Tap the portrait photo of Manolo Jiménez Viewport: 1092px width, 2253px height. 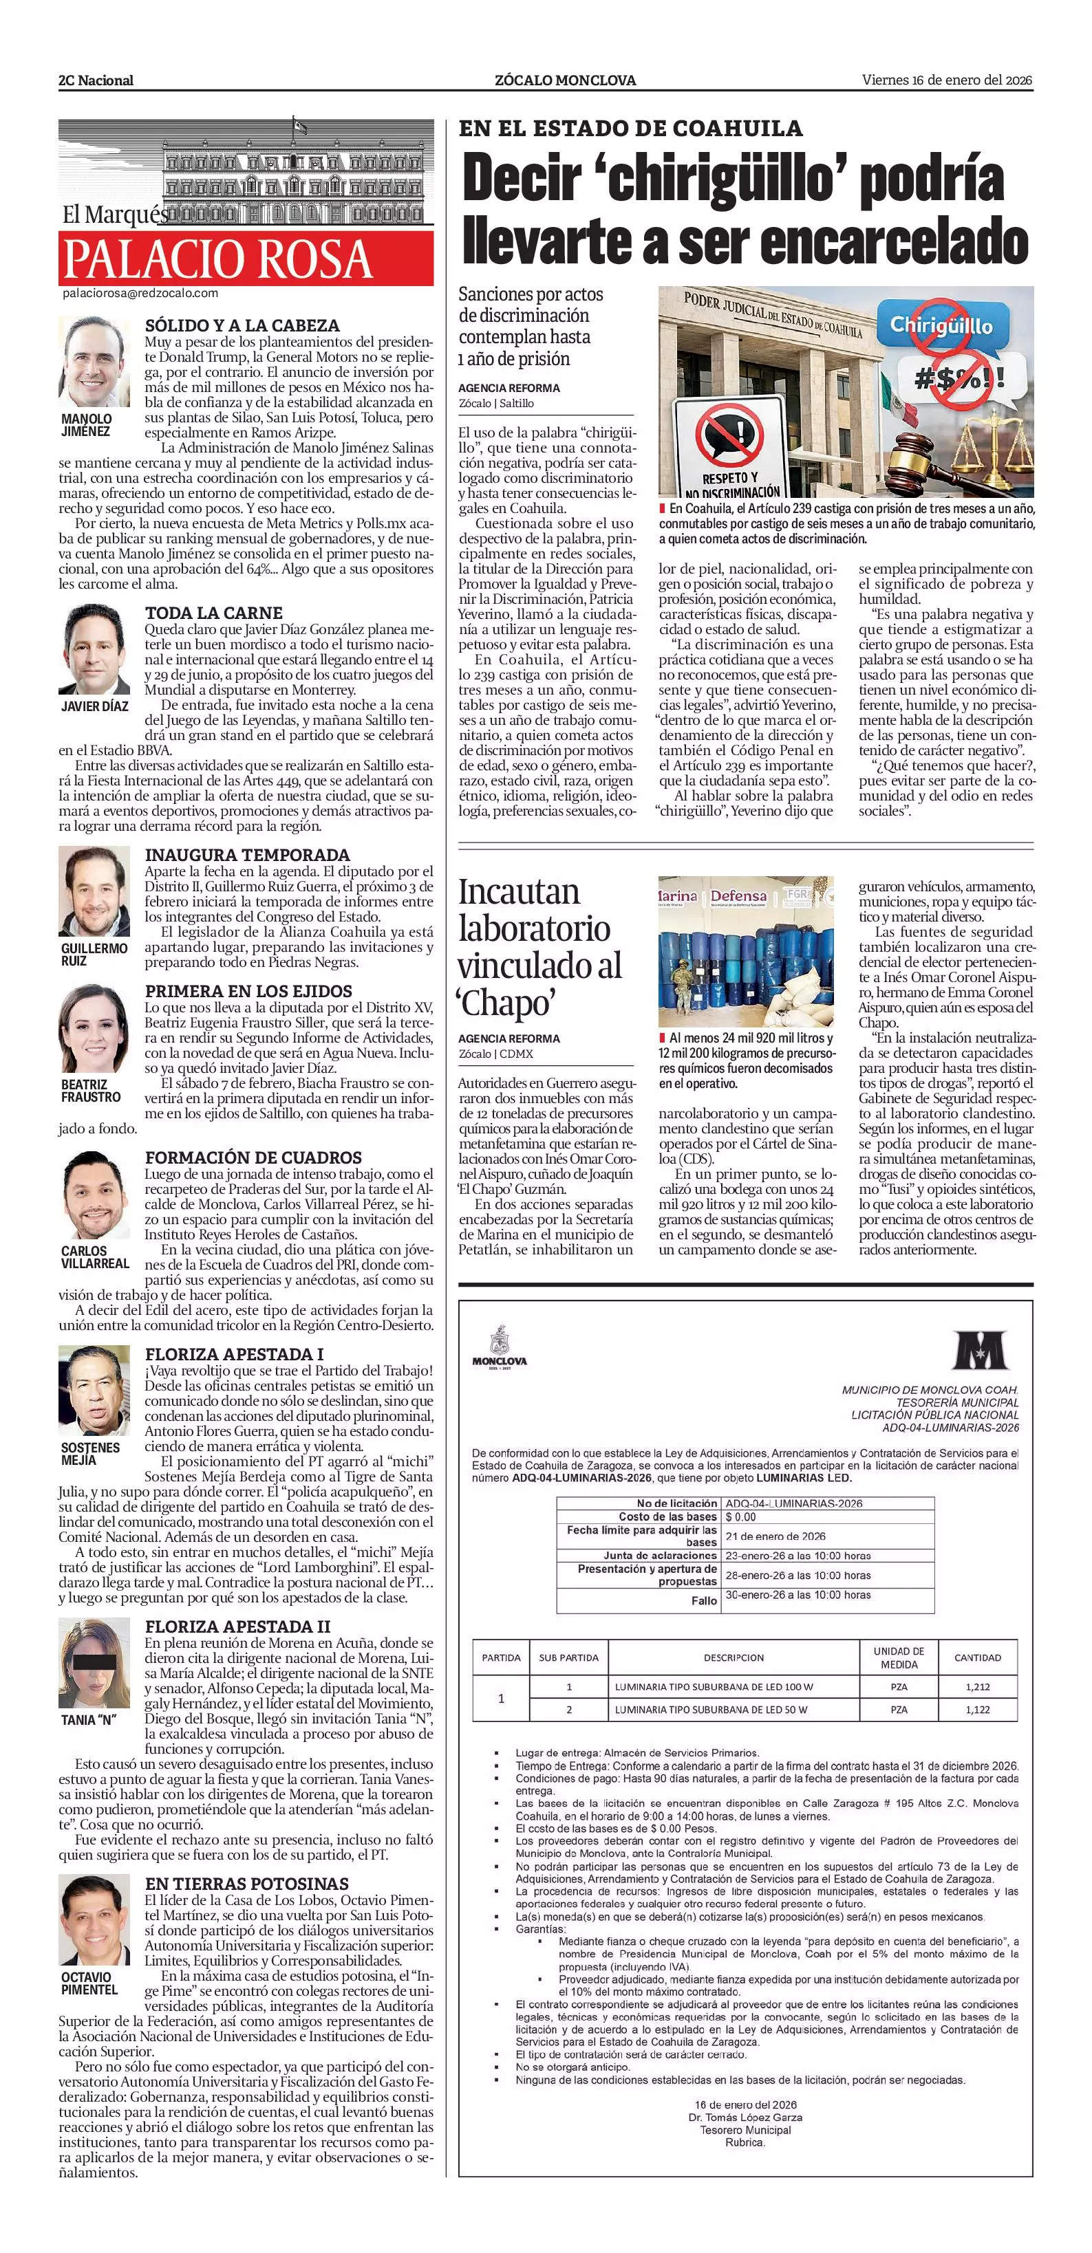[94, 361]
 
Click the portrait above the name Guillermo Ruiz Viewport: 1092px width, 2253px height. [94, 891]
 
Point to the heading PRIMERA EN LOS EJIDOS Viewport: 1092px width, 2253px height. [248, 991]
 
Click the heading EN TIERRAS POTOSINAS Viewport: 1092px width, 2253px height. [247, 1883]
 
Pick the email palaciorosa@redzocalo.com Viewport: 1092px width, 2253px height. [140, 294]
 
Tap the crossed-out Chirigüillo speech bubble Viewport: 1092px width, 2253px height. [941, 325]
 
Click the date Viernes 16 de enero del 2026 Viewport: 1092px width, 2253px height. [947, 80]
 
